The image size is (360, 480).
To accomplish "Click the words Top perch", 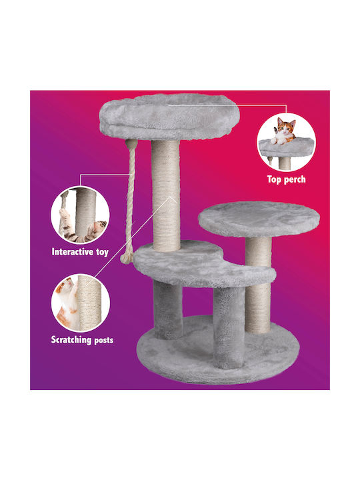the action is [286, 179].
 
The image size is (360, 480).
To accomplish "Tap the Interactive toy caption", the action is [80, 252].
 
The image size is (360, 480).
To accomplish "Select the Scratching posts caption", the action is [83, 340].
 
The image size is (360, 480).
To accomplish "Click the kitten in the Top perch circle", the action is [284, 131].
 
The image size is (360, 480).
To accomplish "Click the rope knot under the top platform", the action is [131, 143].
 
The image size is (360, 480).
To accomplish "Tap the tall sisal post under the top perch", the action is [165, 196].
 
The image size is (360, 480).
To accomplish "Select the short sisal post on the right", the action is [258, 285].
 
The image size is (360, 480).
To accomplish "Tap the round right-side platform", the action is [259, 219].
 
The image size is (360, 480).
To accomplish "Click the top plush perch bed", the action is [169, 116].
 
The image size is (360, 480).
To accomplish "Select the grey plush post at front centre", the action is [229, 327].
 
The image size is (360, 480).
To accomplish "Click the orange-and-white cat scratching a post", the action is [67, 303].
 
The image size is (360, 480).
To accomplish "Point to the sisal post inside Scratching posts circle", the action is [89, 303].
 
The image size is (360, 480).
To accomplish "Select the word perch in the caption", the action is [295, 180].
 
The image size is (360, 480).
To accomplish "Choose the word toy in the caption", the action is [103, 253].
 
